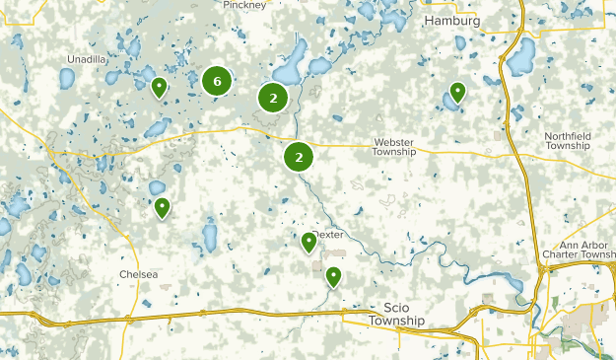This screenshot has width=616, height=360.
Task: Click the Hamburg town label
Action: click(x=451, y=21)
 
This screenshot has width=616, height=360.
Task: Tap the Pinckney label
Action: click(x=245, y=5)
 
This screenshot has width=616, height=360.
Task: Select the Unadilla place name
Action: click(x=87, y=59)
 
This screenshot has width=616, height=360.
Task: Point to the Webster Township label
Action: click(x=394, y=147)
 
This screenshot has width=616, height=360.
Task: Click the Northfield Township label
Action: click(x=580, y=140)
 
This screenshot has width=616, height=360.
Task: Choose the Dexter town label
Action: click(x=328, y=235)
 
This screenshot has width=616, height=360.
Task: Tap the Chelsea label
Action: click(x=139, y=274)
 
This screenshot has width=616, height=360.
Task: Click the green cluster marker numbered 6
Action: click(x=217, y=82)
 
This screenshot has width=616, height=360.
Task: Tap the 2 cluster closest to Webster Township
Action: click(x=299, y=156)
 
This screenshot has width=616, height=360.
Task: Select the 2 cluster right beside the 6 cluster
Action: click(x=273, y=97)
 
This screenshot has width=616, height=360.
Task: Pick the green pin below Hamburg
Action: click(x=457, y=93)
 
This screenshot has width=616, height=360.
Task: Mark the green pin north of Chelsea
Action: click(x=163, y=207)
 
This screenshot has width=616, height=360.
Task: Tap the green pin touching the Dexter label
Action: click(x=309, y=241)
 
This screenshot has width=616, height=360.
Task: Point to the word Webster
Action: click(x=394, y=141)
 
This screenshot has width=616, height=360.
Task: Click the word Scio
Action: click(x=396, y=308)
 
